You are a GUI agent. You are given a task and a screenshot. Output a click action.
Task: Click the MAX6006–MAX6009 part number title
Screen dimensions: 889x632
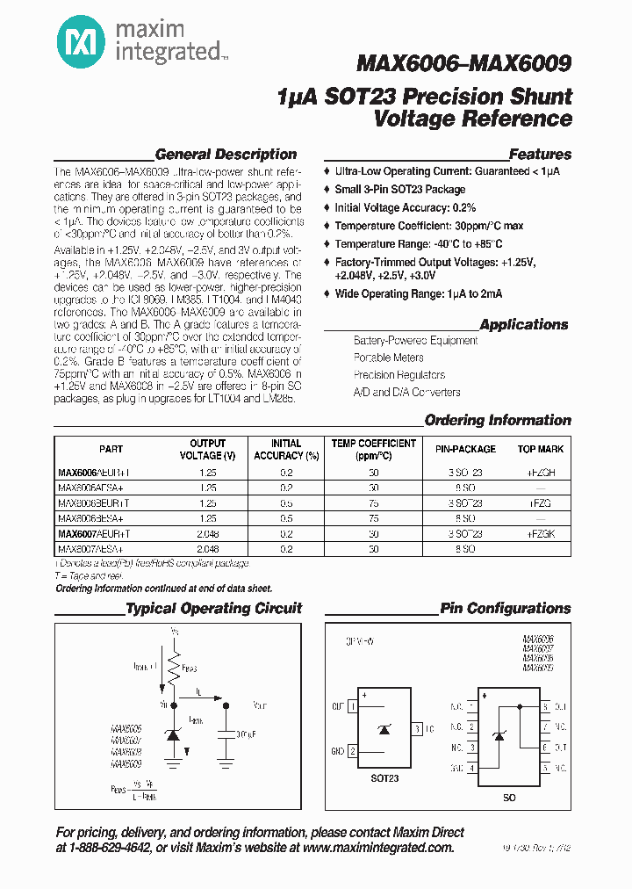pos(463,63)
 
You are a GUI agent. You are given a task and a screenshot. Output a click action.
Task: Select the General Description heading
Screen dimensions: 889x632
pos(226,155)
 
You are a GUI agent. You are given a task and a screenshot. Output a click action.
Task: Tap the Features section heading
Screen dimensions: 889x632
pos(539,155)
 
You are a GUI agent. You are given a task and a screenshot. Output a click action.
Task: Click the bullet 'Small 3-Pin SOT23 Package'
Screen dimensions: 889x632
pos(399,190)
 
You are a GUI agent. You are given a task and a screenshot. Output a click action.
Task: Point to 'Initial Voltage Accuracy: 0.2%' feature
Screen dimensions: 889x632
pos(405,208)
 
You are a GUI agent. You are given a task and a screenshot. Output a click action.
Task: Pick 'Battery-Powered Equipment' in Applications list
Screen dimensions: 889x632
pos(415,340)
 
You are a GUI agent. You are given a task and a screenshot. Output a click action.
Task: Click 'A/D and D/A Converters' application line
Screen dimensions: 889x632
pos(406,393)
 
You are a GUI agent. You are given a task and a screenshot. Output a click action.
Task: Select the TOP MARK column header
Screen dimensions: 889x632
pos(540,449)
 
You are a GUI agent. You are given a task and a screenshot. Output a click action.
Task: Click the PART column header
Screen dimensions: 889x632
pos(111,449)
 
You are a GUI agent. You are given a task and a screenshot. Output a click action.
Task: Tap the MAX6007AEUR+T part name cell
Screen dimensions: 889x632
pos(94,534)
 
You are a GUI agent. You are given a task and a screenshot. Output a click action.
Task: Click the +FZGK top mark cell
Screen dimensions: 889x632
pos(540,534)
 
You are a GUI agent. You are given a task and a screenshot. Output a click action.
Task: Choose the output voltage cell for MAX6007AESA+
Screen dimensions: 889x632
pos(207,548)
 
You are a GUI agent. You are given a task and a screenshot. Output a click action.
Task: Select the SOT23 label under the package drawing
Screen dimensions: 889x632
pos(384,778)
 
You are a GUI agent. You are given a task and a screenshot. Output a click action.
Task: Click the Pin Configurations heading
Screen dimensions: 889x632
pos(505,608)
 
